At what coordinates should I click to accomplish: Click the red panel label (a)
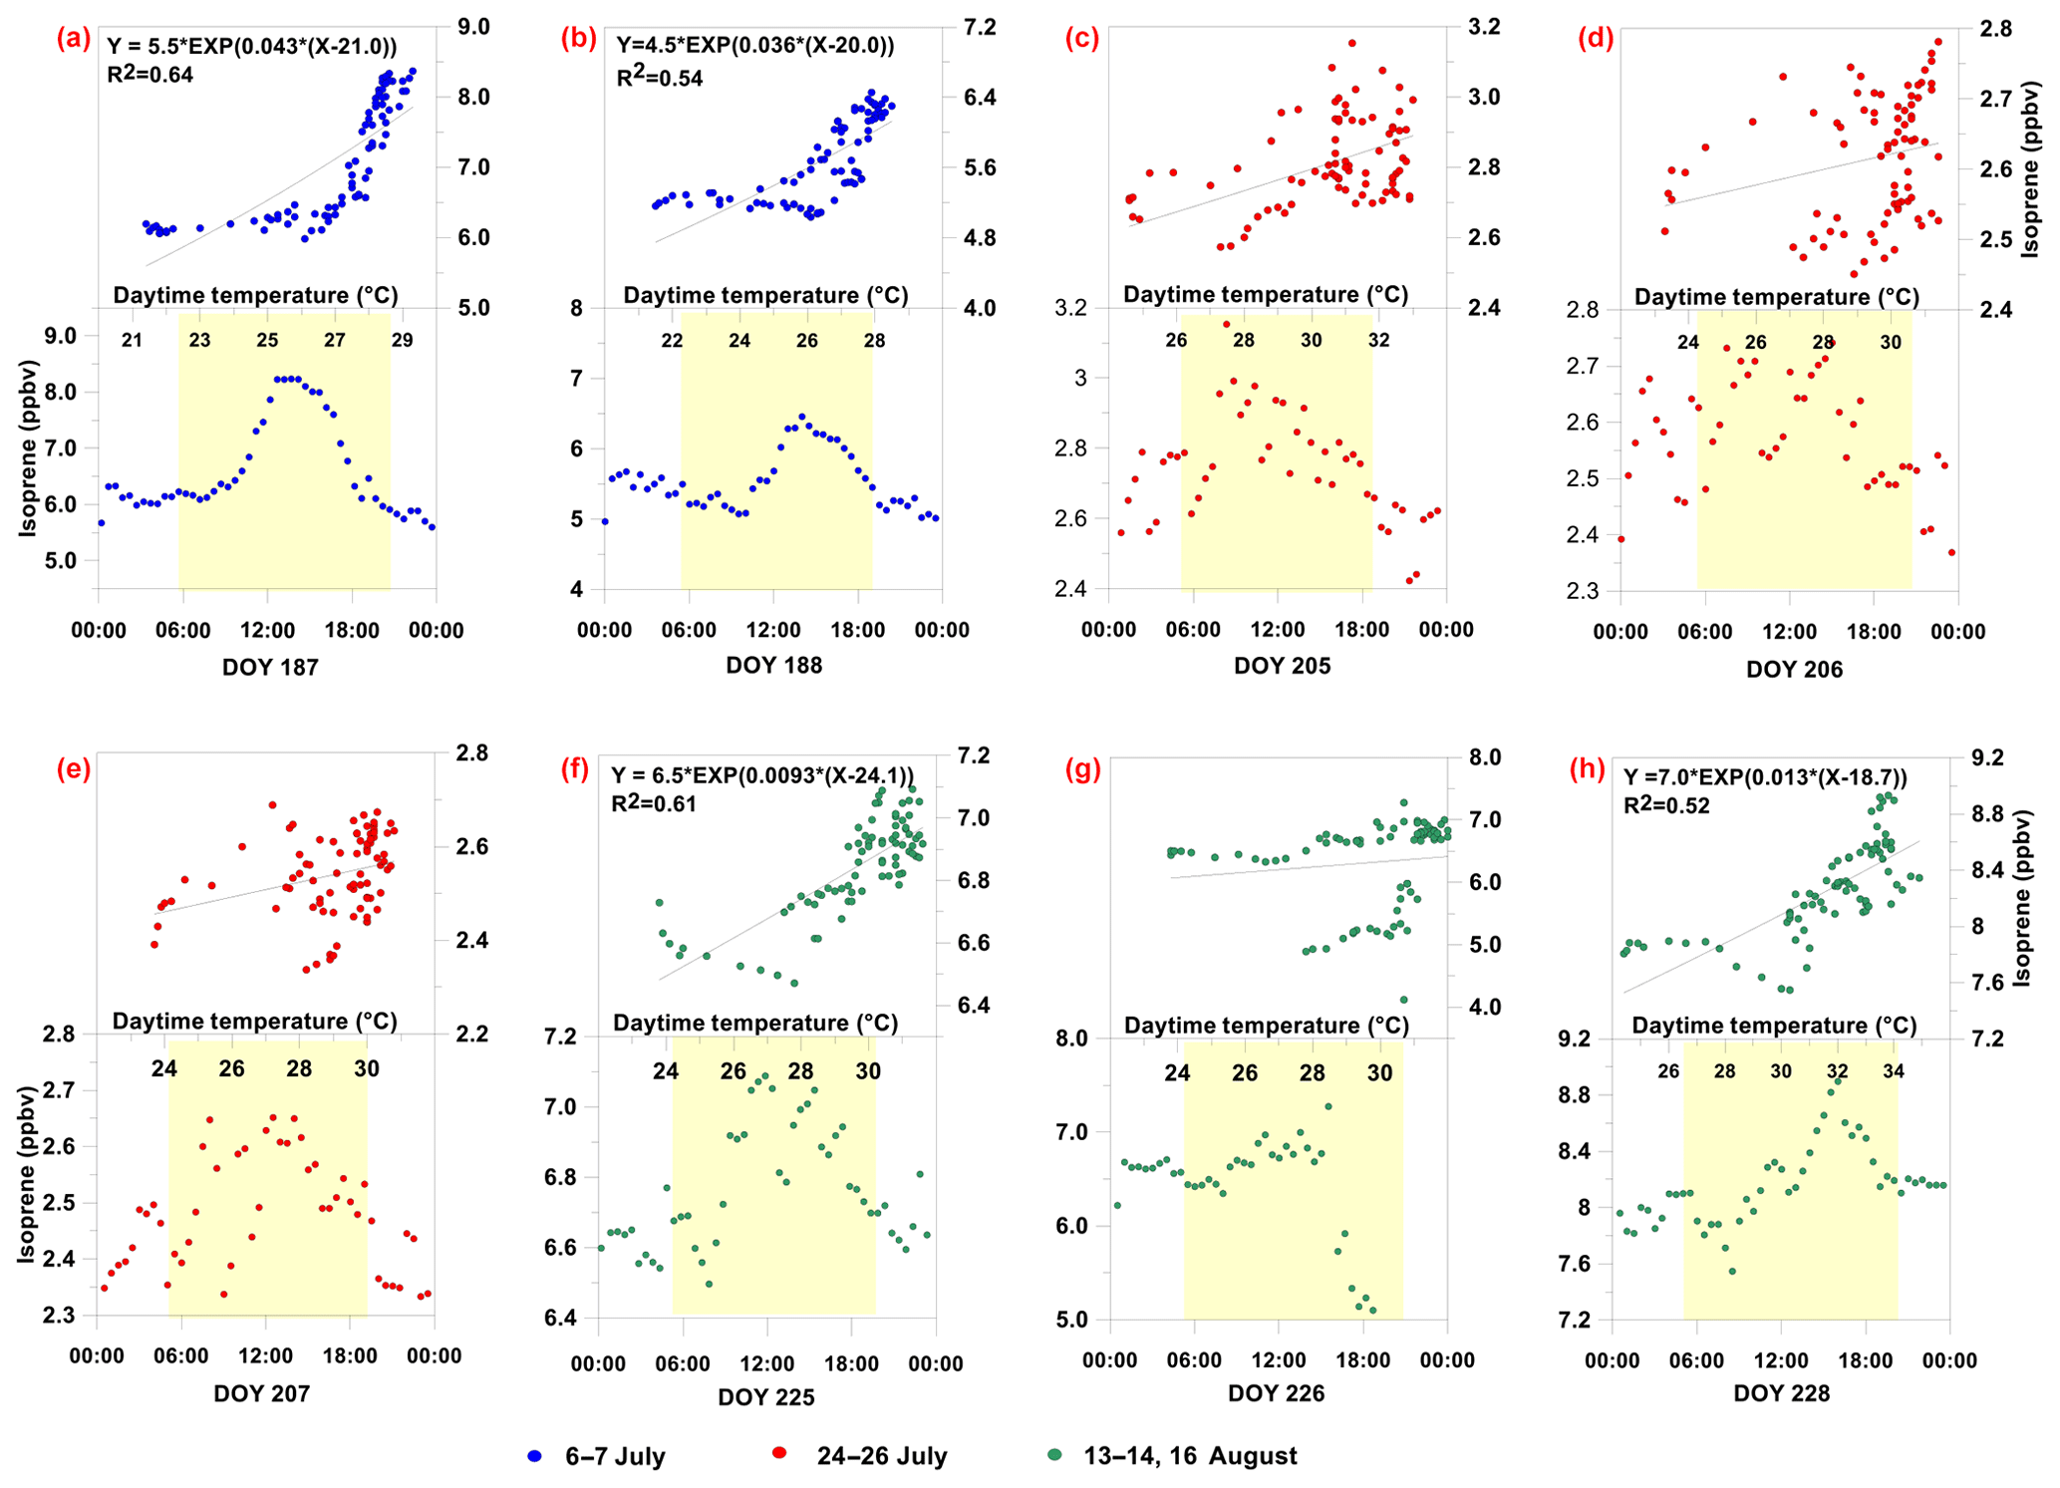coord(74,39)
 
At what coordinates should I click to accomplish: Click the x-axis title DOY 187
coord(270,668)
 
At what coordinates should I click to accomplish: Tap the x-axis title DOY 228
coord(1782,1393)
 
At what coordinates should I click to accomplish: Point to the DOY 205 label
coord(1282,666)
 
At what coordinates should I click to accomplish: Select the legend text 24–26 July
coord(882,1456)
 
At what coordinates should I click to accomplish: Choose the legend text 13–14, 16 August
coord(1191,1456)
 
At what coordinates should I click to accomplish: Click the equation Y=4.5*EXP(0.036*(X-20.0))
coord(755,45)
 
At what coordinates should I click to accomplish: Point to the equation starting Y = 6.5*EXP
coord(762,775)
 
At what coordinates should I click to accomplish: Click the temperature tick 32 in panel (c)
coord(1378,340)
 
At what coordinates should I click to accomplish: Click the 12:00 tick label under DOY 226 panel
coord(1279,1360)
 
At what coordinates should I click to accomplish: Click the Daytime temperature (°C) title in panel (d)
coord(1777,296)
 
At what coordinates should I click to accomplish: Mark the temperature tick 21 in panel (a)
coord(132,340)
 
